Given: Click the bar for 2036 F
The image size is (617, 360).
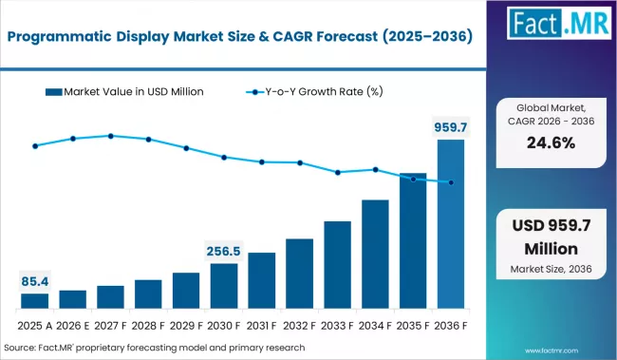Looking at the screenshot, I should click(x=451, y=224).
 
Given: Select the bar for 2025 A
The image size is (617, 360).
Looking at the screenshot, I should click(x=35, y=300).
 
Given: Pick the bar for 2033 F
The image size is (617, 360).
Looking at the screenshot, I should click(x=338, y=264).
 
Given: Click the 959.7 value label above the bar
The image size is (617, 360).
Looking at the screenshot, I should click(x=451, y=126).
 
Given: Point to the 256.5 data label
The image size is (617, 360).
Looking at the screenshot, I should click(x=224, y=251).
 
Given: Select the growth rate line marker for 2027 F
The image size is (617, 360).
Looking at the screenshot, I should click(x=111, y=136).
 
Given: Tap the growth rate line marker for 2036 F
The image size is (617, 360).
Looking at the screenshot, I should click(x=451, y=182).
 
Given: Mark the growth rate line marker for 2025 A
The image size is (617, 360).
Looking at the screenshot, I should click(x=35, y=146).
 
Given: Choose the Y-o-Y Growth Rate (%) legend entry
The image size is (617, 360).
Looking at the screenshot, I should click(x=319, y=92).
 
